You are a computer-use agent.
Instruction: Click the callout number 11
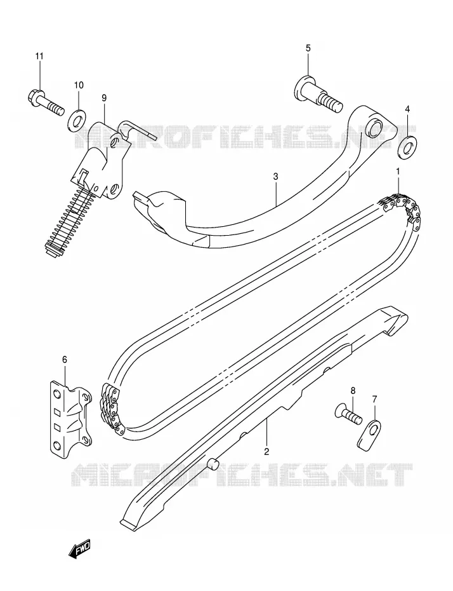39,57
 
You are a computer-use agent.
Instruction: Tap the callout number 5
308,48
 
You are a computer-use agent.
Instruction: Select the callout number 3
276,176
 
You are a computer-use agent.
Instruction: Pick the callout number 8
353,391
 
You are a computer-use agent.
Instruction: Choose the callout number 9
104,98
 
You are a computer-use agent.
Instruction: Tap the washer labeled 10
78,121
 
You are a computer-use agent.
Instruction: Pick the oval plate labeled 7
369,435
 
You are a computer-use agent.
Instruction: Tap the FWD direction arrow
79,550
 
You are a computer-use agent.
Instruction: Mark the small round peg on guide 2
213,465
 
